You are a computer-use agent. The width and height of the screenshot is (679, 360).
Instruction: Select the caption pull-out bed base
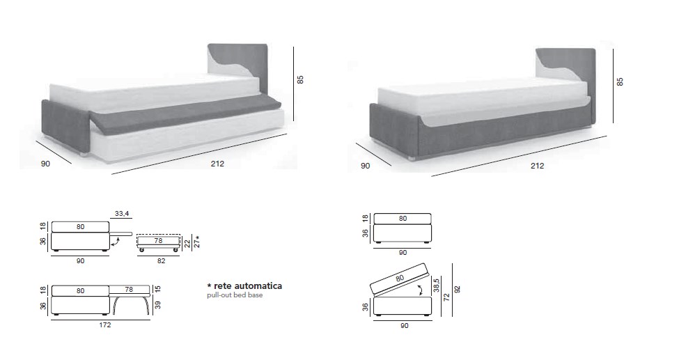click(235, 295)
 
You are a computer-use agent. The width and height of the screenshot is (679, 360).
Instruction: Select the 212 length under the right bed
click(537, 166)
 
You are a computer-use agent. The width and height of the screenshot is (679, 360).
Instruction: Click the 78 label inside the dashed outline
click(158, 241)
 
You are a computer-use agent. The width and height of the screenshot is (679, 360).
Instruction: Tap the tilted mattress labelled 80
click(398, 279)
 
